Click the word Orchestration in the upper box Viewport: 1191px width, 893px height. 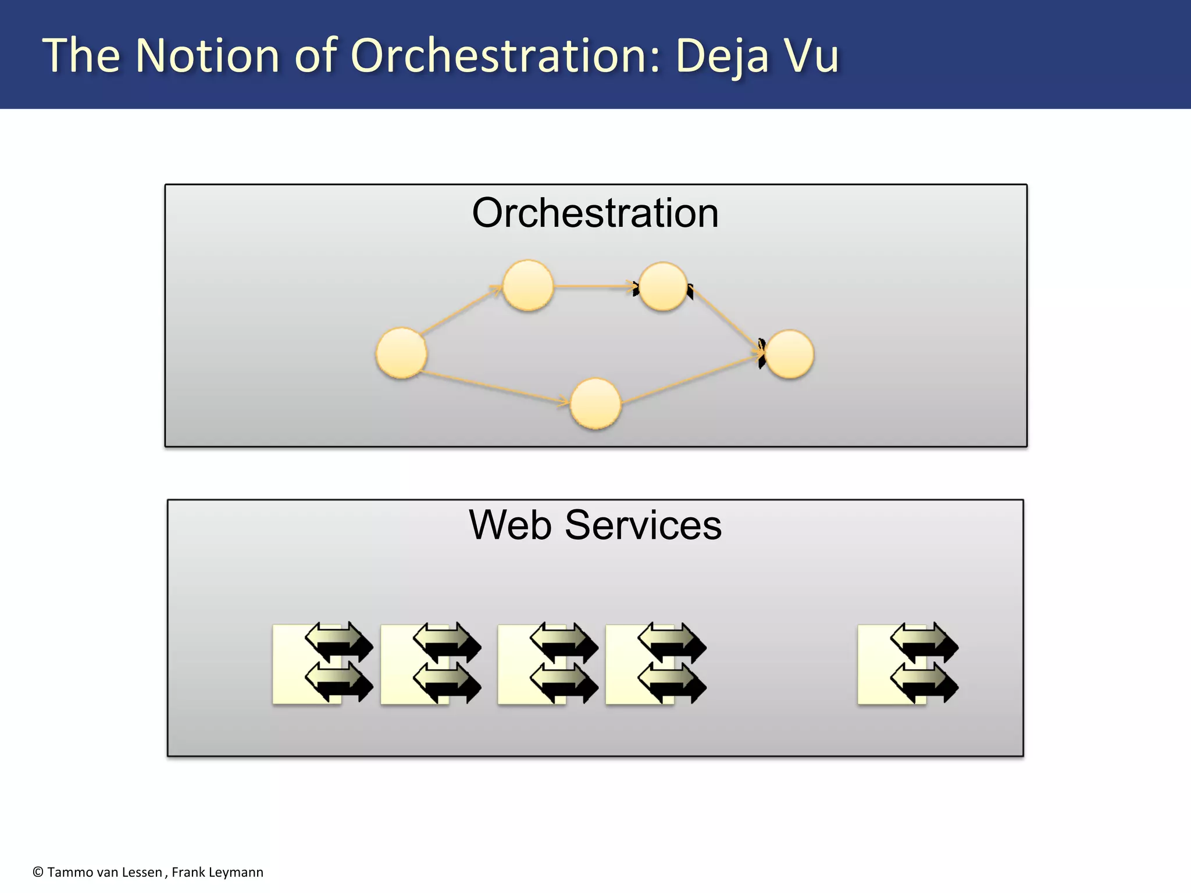(595, 213)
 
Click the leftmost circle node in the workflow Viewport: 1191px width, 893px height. (401, 353)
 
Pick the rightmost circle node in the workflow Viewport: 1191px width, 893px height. (789, 354)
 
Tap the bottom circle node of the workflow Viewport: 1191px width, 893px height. (595, 403)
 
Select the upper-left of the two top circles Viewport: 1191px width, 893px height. (527, 285)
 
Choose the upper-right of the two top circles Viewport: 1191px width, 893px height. (663, 286)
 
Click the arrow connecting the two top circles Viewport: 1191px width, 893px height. (595, 285)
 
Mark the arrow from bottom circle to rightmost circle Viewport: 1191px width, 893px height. (692, 379)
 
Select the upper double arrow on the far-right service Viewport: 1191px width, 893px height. (924, 642)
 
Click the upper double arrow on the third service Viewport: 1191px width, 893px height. (564, 642)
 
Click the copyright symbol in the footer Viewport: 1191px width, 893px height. (38, 872)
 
